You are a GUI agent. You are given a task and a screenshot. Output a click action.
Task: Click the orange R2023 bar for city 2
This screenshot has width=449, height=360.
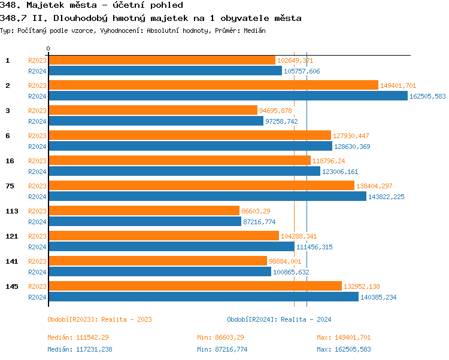(x=213, y=86)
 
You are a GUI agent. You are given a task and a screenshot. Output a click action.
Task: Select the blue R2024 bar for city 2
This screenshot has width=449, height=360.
(x=227, y=96)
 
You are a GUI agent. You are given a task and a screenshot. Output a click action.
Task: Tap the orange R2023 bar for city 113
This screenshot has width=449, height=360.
(x=144, y=211)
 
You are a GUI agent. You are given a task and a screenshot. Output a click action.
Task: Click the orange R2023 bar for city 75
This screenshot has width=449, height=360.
(x=201, y=186)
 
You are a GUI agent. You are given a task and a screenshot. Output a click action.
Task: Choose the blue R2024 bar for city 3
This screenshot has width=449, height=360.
(x=156, y=121)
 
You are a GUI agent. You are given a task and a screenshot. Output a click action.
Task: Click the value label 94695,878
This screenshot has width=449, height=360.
(x=275, y=111)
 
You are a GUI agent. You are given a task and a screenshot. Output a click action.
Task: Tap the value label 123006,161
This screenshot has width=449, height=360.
(x=340, y=172)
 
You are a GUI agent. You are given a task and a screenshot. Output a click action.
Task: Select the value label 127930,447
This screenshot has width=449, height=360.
(x=350, y=136)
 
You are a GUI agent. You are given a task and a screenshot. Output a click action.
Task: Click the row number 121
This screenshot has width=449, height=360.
(x=11, y=236)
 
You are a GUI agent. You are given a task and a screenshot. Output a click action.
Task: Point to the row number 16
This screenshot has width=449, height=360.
(x=10, y=161)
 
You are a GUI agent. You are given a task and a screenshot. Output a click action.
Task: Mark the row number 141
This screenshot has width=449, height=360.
(x=11, y=261)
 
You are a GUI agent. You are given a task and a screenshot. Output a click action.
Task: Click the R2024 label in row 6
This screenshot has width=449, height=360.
(x=37, y=147)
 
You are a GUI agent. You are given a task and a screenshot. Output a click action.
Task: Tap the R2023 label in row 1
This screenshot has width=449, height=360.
(x=37, y=60)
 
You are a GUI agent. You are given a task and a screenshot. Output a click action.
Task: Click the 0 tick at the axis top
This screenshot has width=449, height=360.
(x=48, y=49)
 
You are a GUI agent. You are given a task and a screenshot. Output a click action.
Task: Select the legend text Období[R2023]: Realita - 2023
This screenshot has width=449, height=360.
(x=99, y=319)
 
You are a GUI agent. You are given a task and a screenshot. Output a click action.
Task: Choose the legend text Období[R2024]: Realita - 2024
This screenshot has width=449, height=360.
(x=279, y=319)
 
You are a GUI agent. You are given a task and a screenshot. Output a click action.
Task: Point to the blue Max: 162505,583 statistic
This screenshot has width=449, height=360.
(x=344, y=349)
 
